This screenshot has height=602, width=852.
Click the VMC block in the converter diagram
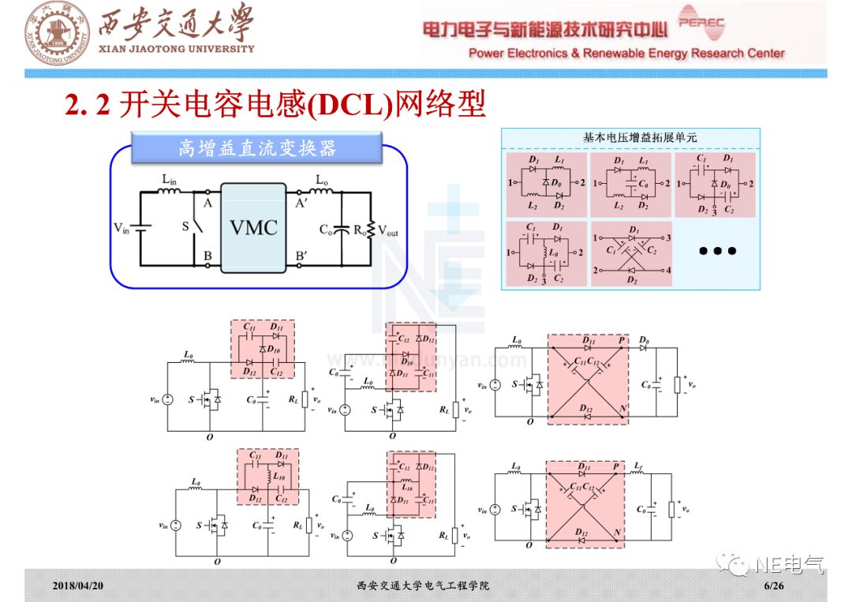coord(253,228)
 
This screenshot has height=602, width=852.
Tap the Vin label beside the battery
coord(121,229)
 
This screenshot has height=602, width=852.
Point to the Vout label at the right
coord(388,230)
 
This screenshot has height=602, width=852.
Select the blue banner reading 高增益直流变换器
coord(257,148)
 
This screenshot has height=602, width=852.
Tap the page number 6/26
coord(773,586)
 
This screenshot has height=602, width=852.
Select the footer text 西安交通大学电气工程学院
coord(423,586)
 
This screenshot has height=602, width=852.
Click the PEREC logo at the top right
coord(701,25)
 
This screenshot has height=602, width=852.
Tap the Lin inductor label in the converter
coord(170,180)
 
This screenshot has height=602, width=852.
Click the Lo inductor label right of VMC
coord(322,180)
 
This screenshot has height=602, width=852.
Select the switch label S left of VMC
coord(186,226)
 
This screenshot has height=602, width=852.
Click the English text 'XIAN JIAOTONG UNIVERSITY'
coord(176,49)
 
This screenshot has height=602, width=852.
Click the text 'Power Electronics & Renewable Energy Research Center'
coord(626,54)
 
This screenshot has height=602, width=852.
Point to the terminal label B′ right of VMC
coord(301,255)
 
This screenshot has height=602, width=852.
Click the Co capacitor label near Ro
coord(326,230)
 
